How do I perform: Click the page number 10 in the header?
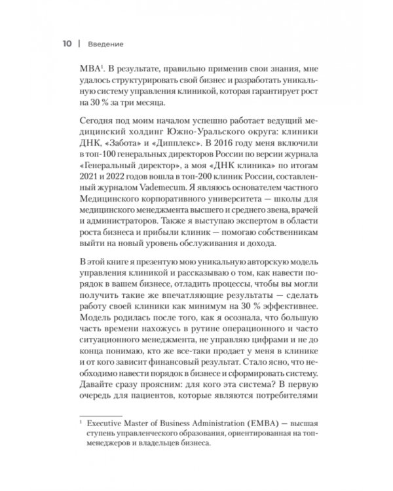67,45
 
